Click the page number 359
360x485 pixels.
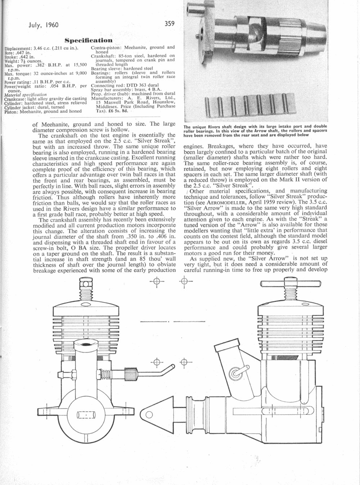click(170, 23)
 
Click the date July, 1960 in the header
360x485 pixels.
click(44, 25)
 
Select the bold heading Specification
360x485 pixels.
click(89, 40)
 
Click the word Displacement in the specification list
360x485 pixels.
click(17, 49)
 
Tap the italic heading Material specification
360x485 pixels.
click(26, 95)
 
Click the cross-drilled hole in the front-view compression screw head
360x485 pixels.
click(86, 284)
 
